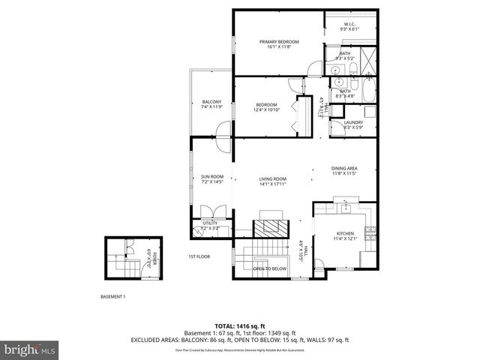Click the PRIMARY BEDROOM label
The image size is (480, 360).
coord(279,41)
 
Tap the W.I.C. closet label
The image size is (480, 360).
coord(349,24)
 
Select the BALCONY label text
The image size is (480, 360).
coord(211,102)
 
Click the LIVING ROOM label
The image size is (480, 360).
coord(273,178)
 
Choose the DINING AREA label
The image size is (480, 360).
coord(343,168)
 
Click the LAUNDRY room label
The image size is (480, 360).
coord(353,122)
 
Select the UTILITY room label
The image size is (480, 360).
coord(210,223)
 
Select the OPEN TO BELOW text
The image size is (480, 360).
coord(269,268)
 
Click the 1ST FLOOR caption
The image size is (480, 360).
coord(199,256)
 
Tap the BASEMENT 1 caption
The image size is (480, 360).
coord(112,296)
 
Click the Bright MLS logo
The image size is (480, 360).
coord(28,349)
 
